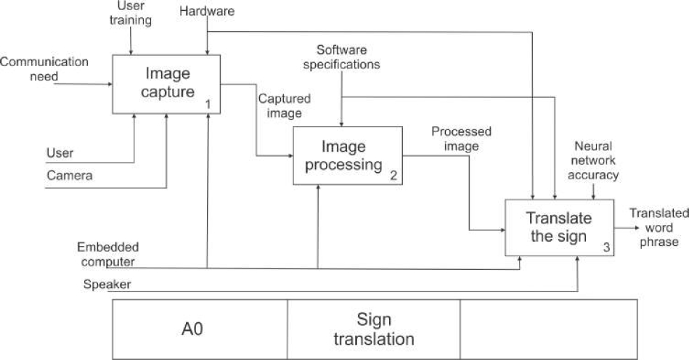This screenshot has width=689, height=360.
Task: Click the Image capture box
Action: (x=166, y=83)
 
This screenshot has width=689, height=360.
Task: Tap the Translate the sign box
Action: (x=559, y=227)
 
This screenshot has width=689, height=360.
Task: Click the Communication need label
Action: (x=44, y=68)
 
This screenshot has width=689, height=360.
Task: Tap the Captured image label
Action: (x=285, y=105)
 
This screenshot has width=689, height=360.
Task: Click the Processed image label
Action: (x=461, y=139)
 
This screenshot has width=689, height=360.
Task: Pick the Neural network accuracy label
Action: (x=595, y=160)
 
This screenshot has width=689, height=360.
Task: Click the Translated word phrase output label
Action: (x=659, y=227)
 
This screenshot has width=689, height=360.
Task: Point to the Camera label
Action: (x=69, y=175)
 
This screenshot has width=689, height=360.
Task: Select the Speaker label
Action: (x=107, y=285)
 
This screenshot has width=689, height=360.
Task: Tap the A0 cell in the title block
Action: (x=192, y=329)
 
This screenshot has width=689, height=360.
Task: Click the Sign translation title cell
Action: (x=374, y=329)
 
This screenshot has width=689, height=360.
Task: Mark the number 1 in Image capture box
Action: (x=208, y=105)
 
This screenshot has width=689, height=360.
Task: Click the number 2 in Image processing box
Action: (x=393, y=175)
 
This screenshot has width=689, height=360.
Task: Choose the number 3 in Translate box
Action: (x=606, y=247)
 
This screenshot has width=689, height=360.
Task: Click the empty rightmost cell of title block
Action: (x=548, y=329)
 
